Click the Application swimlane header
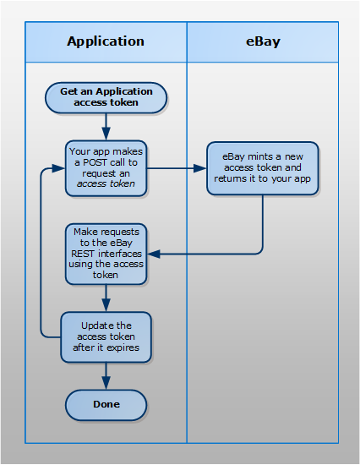106,41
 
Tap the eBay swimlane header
263,41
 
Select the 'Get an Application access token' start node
106,97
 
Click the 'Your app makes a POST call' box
106,168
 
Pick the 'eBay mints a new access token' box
263,168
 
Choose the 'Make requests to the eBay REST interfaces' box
106,254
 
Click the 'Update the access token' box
106,336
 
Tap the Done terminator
106,405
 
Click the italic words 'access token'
106,183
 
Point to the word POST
95,162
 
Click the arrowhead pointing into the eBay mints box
200,168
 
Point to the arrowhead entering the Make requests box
154,254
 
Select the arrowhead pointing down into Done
106,383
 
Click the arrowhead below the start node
106,134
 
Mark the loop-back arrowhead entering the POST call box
58,168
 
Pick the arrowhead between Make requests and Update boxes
106,305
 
